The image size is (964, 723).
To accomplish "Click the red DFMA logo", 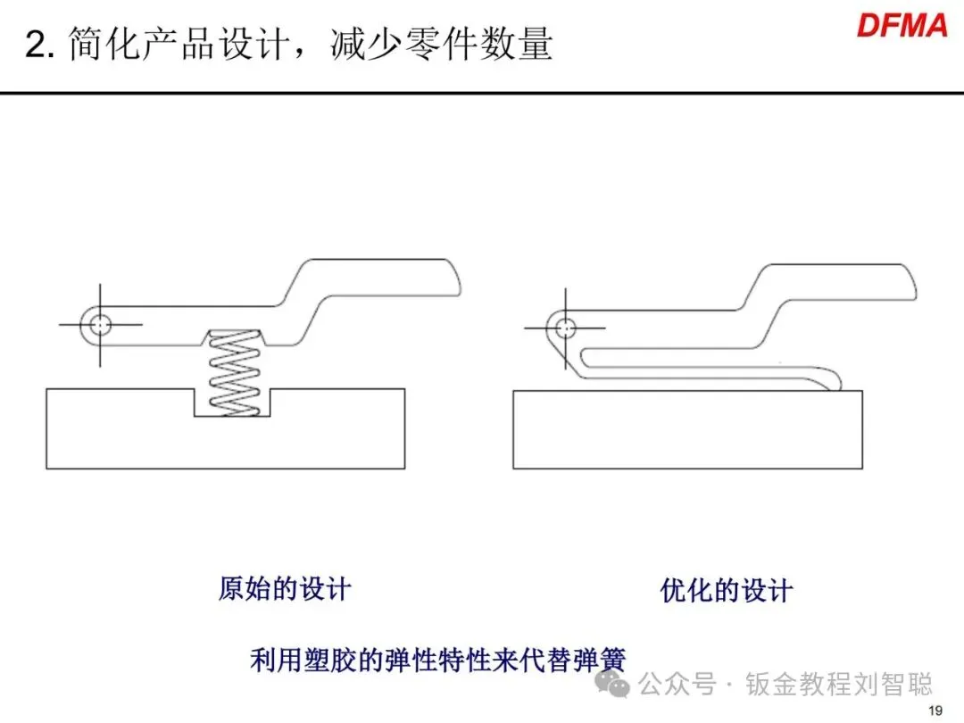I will point(902,25).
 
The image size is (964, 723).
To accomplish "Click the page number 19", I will point(936,711).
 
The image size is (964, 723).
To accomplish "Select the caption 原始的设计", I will point(285,589).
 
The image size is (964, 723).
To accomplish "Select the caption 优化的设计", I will point(727,590).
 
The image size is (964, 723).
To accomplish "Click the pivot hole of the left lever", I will point(100,323).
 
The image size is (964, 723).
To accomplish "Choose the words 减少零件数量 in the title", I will point(441,45).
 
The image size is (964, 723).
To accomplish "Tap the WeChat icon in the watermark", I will point(616,686).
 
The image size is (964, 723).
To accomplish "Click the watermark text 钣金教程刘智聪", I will point(839,686).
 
